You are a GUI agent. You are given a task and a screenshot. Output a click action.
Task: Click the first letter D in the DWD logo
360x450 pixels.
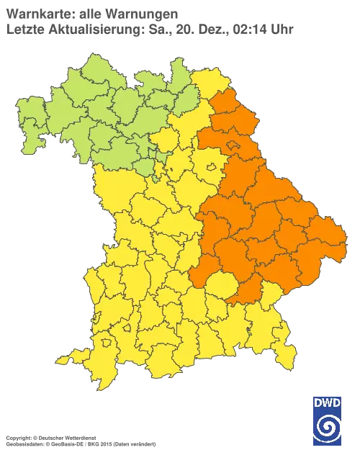[318, 402]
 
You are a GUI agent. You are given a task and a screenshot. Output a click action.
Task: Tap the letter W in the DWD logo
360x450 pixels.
[328, 402]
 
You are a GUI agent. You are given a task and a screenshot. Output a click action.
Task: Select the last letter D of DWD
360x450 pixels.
[338, 402]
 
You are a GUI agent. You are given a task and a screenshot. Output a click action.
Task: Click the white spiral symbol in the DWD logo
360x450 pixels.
[328, 426]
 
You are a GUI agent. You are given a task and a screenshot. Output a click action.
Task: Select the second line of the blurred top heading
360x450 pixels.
[148, 29]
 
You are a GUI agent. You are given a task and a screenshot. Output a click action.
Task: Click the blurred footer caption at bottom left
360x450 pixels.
[79, 437]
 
